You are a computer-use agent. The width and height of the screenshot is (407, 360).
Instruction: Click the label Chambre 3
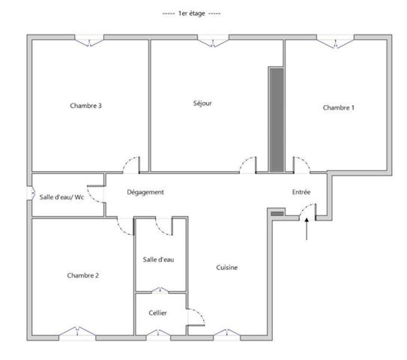[x=86, y=106]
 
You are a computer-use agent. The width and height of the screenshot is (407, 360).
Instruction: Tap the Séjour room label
[x=202, y=103]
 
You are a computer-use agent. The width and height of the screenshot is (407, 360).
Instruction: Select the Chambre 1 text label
[x=338, y=107]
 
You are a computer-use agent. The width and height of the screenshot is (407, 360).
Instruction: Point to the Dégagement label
[x=145, y=192]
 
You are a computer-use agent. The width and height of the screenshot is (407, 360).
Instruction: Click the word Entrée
[x=301, y=192]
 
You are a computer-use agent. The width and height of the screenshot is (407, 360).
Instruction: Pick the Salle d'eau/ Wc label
[x=61, y=197]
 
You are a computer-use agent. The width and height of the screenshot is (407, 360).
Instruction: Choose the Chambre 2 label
[x=82, y=275]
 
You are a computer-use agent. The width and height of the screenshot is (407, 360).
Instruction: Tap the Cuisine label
[x=227, y=268]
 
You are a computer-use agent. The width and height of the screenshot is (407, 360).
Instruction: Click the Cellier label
[x=158, y=313]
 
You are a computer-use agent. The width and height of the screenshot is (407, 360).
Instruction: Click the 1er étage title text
[x=193, y=14]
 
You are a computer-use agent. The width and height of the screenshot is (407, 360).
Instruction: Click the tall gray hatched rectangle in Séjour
[x=277, y=118]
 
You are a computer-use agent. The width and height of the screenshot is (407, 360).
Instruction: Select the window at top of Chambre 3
[x=89, y=40]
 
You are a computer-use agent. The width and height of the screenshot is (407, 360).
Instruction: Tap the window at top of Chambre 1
[x=332, y=40]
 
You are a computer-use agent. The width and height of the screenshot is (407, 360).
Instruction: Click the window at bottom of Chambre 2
[x=79, y=332]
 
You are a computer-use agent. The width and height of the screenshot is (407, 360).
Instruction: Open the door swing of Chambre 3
[x=132, y=163]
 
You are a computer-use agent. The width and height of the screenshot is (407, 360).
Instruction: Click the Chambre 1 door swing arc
[x=299, y=164]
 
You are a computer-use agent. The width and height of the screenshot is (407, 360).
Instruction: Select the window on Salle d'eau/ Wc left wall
[x=31, y=193]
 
